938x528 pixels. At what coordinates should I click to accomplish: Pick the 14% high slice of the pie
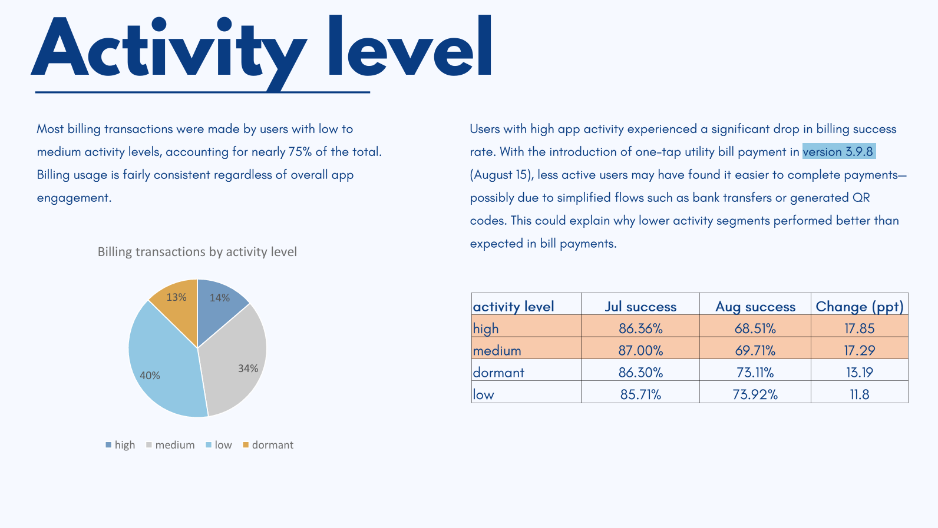[219, 306]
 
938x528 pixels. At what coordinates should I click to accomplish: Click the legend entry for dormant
[268, 445]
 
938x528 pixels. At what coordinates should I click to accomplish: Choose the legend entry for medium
[170, 445]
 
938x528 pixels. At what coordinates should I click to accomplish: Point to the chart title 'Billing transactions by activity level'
[197, 252]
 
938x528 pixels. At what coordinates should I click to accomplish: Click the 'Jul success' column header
[640, 306]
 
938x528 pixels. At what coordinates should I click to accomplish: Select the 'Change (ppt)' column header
[859, 306]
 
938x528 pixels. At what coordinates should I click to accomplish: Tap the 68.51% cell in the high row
[755, 328]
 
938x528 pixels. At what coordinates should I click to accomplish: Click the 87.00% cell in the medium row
[640, 351]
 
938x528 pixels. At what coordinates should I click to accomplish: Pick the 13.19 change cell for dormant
[859, 373]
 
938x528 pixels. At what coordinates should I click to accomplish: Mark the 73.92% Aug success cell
[755, 394]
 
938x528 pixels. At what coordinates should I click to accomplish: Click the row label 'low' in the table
[484, 394]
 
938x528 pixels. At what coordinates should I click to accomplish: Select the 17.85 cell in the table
[859, 328]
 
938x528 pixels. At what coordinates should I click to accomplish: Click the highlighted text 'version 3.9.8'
[838, 152]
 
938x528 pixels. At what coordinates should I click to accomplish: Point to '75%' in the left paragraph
[300, 152]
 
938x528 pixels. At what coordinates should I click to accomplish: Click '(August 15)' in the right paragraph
[501, 175]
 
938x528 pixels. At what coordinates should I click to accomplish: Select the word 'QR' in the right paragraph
[861, 198]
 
